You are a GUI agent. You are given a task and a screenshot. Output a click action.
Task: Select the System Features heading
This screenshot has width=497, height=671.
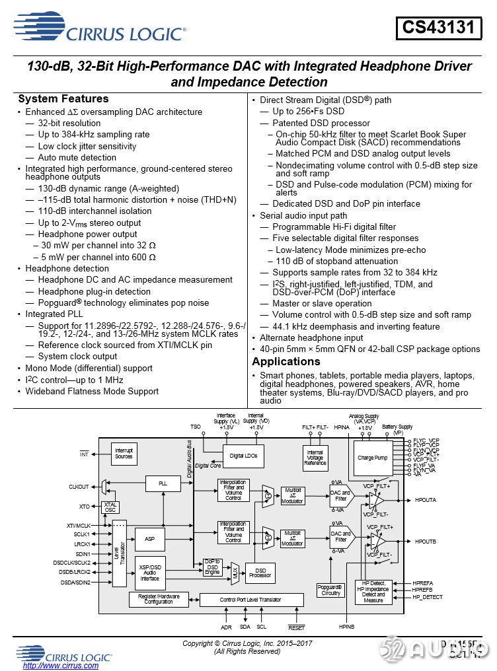63,99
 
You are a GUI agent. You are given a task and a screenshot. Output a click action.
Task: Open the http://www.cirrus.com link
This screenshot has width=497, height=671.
61,666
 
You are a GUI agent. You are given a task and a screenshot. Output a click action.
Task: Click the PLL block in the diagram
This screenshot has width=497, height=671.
163,483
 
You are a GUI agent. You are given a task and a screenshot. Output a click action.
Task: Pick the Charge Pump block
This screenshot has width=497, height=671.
372,458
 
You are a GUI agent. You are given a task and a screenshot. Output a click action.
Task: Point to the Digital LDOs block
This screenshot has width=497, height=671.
243,456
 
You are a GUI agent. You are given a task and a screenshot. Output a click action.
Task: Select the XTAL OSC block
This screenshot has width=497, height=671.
110,507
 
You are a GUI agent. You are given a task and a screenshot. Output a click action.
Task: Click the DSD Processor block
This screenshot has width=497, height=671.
260,573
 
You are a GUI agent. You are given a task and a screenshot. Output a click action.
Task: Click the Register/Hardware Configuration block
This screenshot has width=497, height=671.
159,600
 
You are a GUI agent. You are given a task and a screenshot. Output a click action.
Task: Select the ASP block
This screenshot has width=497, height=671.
150,539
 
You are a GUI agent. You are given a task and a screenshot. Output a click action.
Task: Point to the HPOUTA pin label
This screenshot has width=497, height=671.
426,500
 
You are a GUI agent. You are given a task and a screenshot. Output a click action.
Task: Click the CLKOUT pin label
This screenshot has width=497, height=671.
79,487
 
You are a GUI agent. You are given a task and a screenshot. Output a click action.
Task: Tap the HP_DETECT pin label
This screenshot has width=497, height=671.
427,597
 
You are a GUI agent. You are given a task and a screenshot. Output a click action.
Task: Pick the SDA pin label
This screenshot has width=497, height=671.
245,626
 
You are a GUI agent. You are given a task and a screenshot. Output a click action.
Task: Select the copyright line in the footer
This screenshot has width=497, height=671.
247,643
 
